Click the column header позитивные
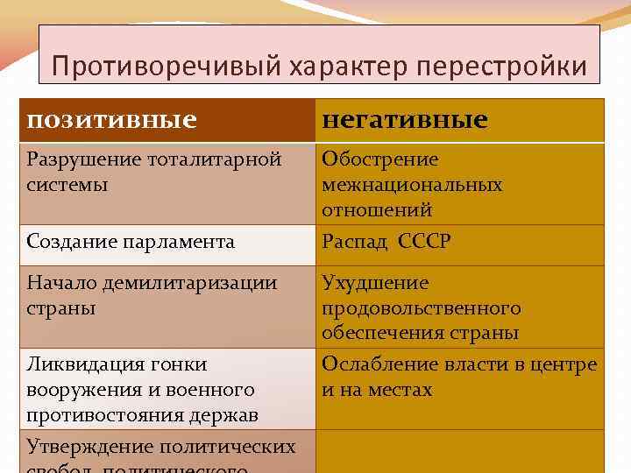[x=111, y=119]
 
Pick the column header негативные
[x=405, y=119]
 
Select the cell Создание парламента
[x=131, y=242]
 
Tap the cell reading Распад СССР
[x=386, y=242]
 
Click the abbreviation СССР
[x=423, y=242]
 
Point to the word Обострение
[x=380, y=159]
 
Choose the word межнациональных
[x=412, y=185]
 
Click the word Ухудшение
[x=375, y=283]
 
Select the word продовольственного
[x=421, y=308]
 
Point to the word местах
[x=402, y=389]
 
